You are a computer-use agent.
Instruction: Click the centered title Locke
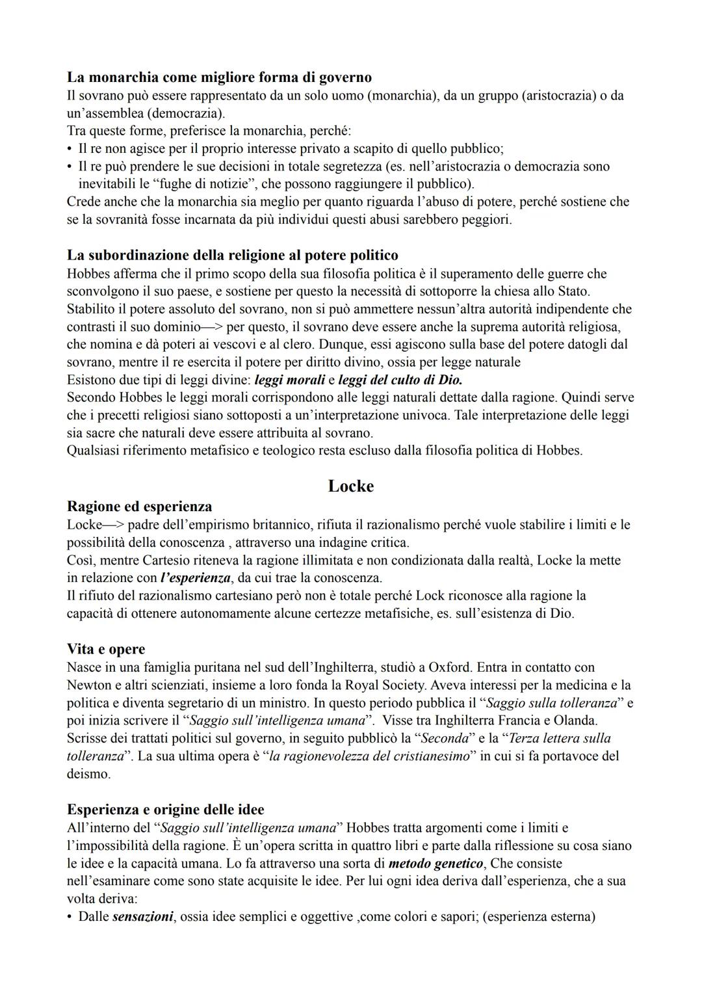point(350,486)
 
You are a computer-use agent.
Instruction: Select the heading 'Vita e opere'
point(106,649)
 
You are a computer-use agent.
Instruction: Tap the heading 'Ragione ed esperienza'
point(139,506)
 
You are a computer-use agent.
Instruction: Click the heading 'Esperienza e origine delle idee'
point(166,810)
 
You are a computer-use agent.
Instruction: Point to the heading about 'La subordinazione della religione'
point(233,255)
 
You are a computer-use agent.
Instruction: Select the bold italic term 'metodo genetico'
point(435,864)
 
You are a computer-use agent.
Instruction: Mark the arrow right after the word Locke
point(114,524)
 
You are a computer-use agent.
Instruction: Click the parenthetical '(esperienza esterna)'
point(539,917)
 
